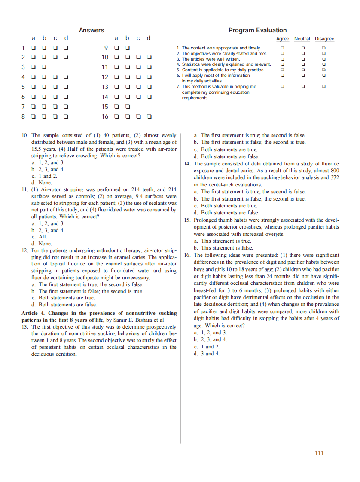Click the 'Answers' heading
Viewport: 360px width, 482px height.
coord(92,30)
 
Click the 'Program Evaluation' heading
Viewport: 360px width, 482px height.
coord(257,30)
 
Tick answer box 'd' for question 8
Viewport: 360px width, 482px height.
coord(66,116)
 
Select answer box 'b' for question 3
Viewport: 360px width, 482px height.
coord(44,67)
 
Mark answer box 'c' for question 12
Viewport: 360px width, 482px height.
coord(138,77)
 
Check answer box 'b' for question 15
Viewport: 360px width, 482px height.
coord(127,107)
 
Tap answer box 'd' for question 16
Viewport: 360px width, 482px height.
coord(149,116)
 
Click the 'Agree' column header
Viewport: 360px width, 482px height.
coord(282,39)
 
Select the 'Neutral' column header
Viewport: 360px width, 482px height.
coord(302,39)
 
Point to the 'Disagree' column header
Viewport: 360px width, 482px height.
coord(324,39)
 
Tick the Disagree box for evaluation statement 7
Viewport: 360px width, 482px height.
coord(324,87)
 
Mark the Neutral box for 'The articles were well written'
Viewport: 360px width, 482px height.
coord(303,59)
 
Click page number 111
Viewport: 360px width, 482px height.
coord(319,452)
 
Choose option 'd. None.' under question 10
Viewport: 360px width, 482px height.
coord(42,183)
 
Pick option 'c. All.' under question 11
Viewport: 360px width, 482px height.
coord(39,237)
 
